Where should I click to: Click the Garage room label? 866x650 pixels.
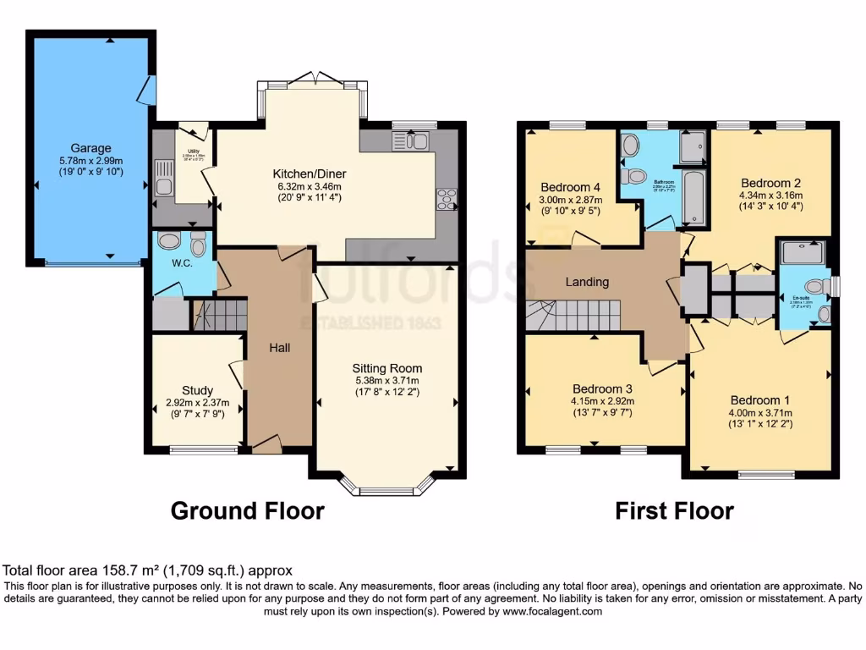(x=90, y=148)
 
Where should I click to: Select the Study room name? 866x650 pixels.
(x=197, y=390)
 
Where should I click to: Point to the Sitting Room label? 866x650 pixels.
(x=387, y=368)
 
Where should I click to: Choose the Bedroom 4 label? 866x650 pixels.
(x=570, y=187)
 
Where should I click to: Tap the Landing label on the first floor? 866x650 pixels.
(x=587, y=282)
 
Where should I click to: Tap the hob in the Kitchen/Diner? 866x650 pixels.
(x=446, y=200)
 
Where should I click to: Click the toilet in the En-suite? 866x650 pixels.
(x=814, y=287)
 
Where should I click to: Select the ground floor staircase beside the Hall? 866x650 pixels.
(x=220, y=316)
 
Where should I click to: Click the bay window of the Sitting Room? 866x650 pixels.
(x=387, y=488)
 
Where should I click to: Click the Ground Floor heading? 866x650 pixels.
(x=247, y=511)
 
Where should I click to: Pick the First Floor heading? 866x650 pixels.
(x=673, y=511)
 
